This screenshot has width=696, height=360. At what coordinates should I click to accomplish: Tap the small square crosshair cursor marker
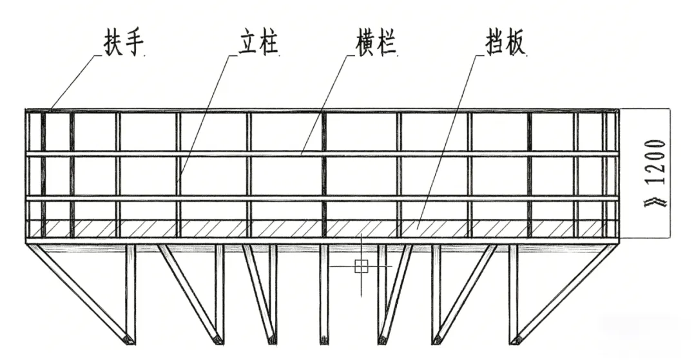pos(361,265)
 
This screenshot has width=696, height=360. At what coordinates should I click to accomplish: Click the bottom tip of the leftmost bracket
pos(129,340)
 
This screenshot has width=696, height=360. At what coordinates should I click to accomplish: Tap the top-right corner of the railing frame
pos(618,111)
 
